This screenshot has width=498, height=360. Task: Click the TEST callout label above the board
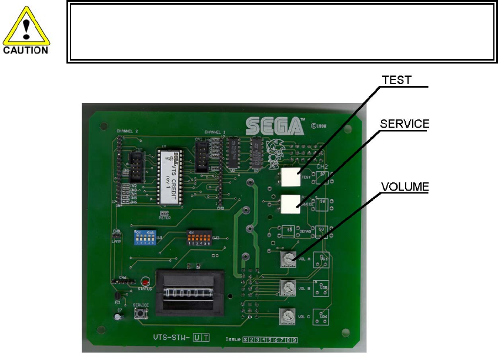[x=397, y=80]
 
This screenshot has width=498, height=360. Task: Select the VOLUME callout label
[x=405, y=186]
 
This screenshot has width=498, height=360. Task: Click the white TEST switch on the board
[x=290, y=176]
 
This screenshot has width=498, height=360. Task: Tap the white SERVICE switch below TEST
[x=290, y=204]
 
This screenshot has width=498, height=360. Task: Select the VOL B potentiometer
[x=288, y=288]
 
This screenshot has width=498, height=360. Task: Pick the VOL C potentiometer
[x=287, y=315]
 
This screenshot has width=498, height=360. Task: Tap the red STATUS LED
[x=143, y=282]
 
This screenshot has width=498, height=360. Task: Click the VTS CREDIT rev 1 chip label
[x=172, y=179]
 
